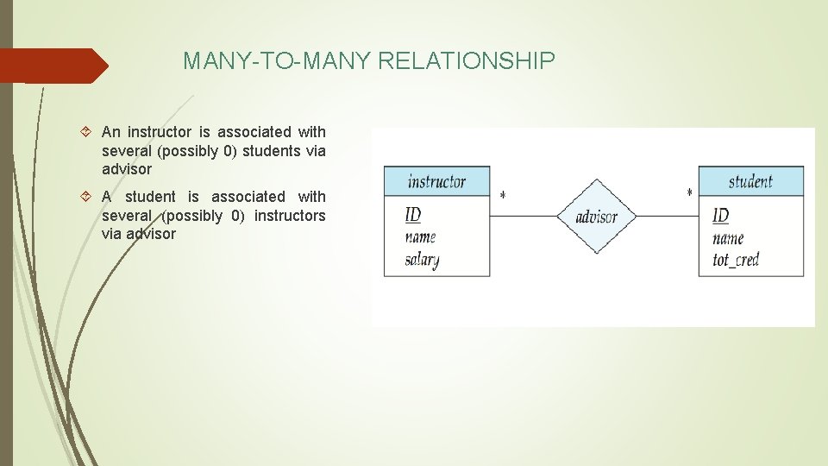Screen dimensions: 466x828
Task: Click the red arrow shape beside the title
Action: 53,66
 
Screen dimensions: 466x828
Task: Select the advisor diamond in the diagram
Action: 596,216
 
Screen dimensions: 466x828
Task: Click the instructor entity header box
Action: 436,181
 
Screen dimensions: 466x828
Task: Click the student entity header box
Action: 750,181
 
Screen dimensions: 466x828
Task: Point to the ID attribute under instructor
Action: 413,215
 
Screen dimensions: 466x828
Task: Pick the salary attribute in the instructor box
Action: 422,260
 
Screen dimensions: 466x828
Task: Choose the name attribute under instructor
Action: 420,236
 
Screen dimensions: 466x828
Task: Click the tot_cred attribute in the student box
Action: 735,260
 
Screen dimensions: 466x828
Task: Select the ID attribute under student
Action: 720,215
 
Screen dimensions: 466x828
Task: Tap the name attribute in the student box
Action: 728,237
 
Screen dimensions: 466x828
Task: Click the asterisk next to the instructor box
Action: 503,196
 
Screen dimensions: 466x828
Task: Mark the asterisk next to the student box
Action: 689,194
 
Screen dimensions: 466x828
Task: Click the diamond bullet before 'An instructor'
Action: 90,132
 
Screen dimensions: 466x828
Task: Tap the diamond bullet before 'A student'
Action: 90,197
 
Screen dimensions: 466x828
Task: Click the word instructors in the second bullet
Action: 290,216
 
